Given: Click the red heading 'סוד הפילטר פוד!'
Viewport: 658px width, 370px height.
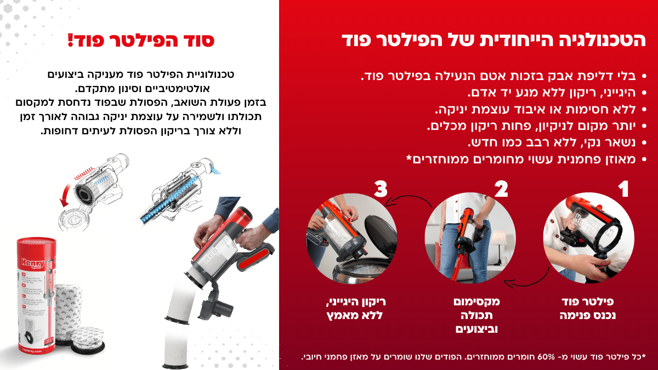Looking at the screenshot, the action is coord(141,41).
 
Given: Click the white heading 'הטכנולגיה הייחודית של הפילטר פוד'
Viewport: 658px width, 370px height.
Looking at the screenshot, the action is coord(494,40).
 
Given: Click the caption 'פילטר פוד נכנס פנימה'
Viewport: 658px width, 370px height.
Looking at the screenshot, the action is coord(587,308).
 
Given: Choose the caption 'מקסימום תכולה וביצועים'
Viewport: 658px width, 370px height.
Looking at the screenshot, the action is coord(477,315).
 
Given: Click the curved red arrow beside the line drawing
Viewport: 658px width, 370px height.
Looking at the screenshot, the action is coord(65,195).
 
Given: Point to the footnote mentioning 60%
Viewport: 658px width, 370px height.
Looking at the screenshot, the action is coord(474,357).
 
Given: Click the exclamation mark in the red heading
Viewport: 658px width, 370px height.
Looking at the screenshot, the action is coord(71,41).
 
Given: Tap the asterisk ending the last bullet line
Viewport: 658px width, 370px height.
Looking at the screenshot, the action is coord(409,158).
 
